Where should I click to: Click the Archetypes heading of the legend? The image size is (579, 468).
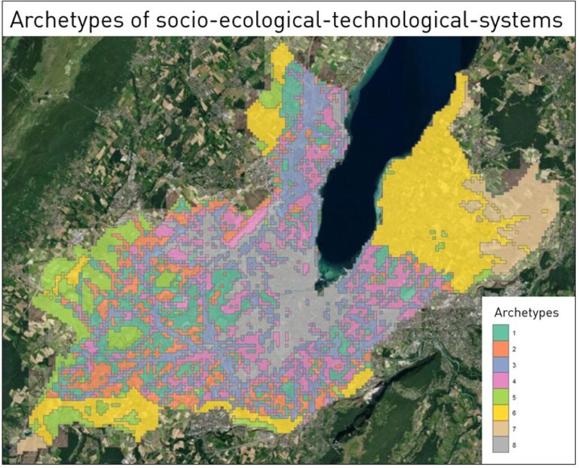coord(526,313)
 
